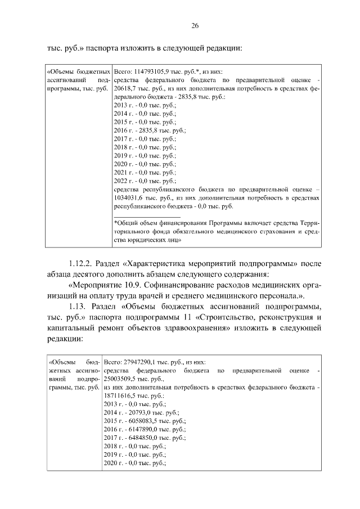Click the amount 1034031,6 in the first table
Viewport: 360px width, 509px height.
(x=129, y=198)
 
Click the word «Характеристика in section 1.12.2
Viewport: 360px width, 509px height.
(x=160, y=263)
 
